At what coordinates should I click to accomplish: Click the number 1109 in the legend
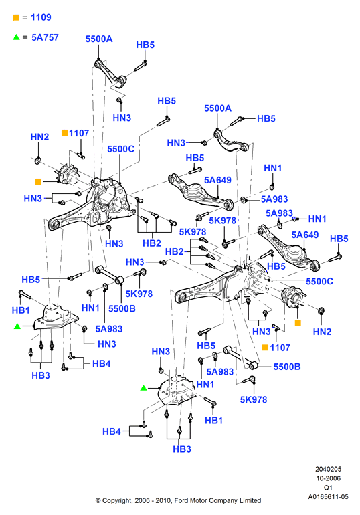click(x=41, y=17)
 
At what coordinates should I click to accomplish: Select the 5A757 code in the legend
click(x=45, y=37)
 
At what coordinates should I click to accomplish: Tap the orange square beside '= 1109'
click(x=16, y=17)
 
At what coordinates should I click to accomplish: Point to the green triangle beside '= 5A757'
click(x=17, y=37)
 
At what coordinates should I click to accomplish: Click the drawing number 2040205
click(x=328, y=469)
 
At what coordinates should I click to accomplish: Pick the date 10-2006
click(x=328, y=478)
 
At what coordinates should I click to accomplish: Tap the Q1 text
click(x=328, y=488)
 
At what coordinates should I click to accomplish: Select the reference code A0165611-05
click(x=328, y=496)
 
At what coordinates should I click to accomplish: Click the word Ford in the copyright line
click(x=181, y=500)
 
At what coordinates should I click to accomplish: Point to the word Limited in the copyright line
click(x=250, y=500)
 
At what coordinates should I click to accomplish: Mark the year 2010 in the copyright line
click(x=163, y=500)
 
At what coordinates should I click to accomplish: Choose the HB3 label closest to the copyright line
click(x=182, y=449)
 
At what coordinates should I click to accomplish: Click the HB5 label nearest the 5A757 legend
click(x=145, y=45)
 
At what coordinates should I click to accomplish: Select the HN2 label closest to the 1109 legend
click(x=39, y=136)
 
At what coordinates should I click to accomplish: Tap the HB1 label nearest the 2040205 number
click(x=214, y=420)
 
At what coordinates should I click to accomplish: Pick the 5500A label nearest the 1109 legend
click(x=99, y=39)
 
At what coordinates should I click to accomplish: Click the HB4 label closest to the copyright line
click(x=112, y=431)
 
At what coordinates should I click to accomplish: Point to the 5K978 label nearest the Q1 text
click(x=254, y=399)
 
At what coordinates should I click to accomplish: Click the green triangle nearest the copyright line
click(x=143, y=388)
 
